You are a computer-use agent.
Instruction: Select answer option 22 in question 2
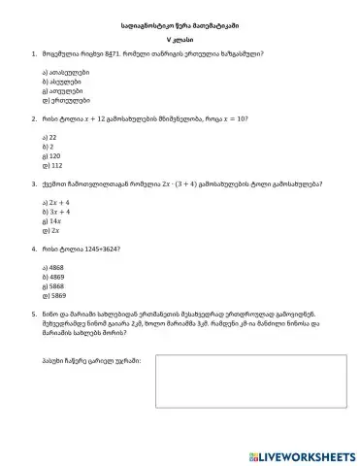click(51, 138)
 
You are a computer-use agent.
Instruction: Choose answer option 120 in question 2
click(52, 155)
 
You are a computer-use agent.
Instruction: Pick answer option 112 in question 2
click(52, 164)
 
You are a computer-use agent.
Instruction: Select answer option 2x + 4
click(54, 201)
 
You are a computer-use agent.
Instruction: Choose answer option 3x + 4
click(54, 211)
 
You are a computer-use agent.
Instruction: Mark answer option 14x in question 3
click(52, 219)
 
